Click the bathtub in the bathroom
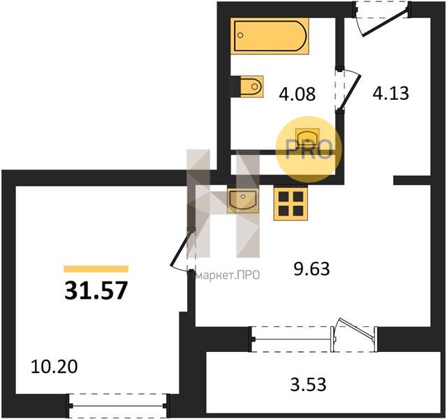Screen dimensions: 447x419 pyautogui.click(x=270, y=36)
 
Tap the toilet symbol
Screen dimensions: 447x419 pyautogui.click(x=251, y=87)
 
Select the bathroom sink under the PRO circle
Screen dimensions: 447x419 pyautogui.click(x=307, y=137)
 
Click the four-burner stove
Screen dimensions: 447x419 pyautogui.click(x=291, y=204)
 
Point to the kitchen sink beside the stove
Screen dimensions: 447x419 pyautogui.click(x=243, y=200)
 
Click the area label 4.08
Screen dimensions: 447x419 pyautogui.click(x=297, y=94)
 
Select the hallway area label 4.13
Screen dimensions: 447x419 pyautogui.click(x=391, y=93)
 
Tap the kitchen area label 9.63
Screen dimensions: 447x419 pyautogui.click(x=312, y=269)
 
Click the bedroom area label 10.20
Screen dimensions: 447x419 pyautogui.click(x=54, y=367)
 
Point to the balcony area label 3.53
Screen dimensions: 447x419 pyautogui.click(x=308, y=384)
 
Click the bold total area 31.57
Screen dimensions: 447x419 pyautogui.click(x=96, y=291)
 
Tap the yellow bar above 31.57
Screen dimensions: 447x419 pyautogui.click(x=96, y=269)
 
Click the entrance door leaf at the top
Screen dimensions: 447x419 pyautogui.click(x=385, y=23)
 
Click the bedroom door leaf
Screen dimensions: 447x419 pyautogui.click(x=181, y=248)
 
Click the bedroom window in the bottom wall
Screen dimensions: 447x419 pyautogui.click(x=117, y=406)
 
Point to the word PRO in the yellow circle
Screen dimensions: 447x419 pyautogui.click(x=309, y=149)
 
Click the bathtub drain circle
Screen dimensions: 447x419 pyautogui.click(x=240, y=36)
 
